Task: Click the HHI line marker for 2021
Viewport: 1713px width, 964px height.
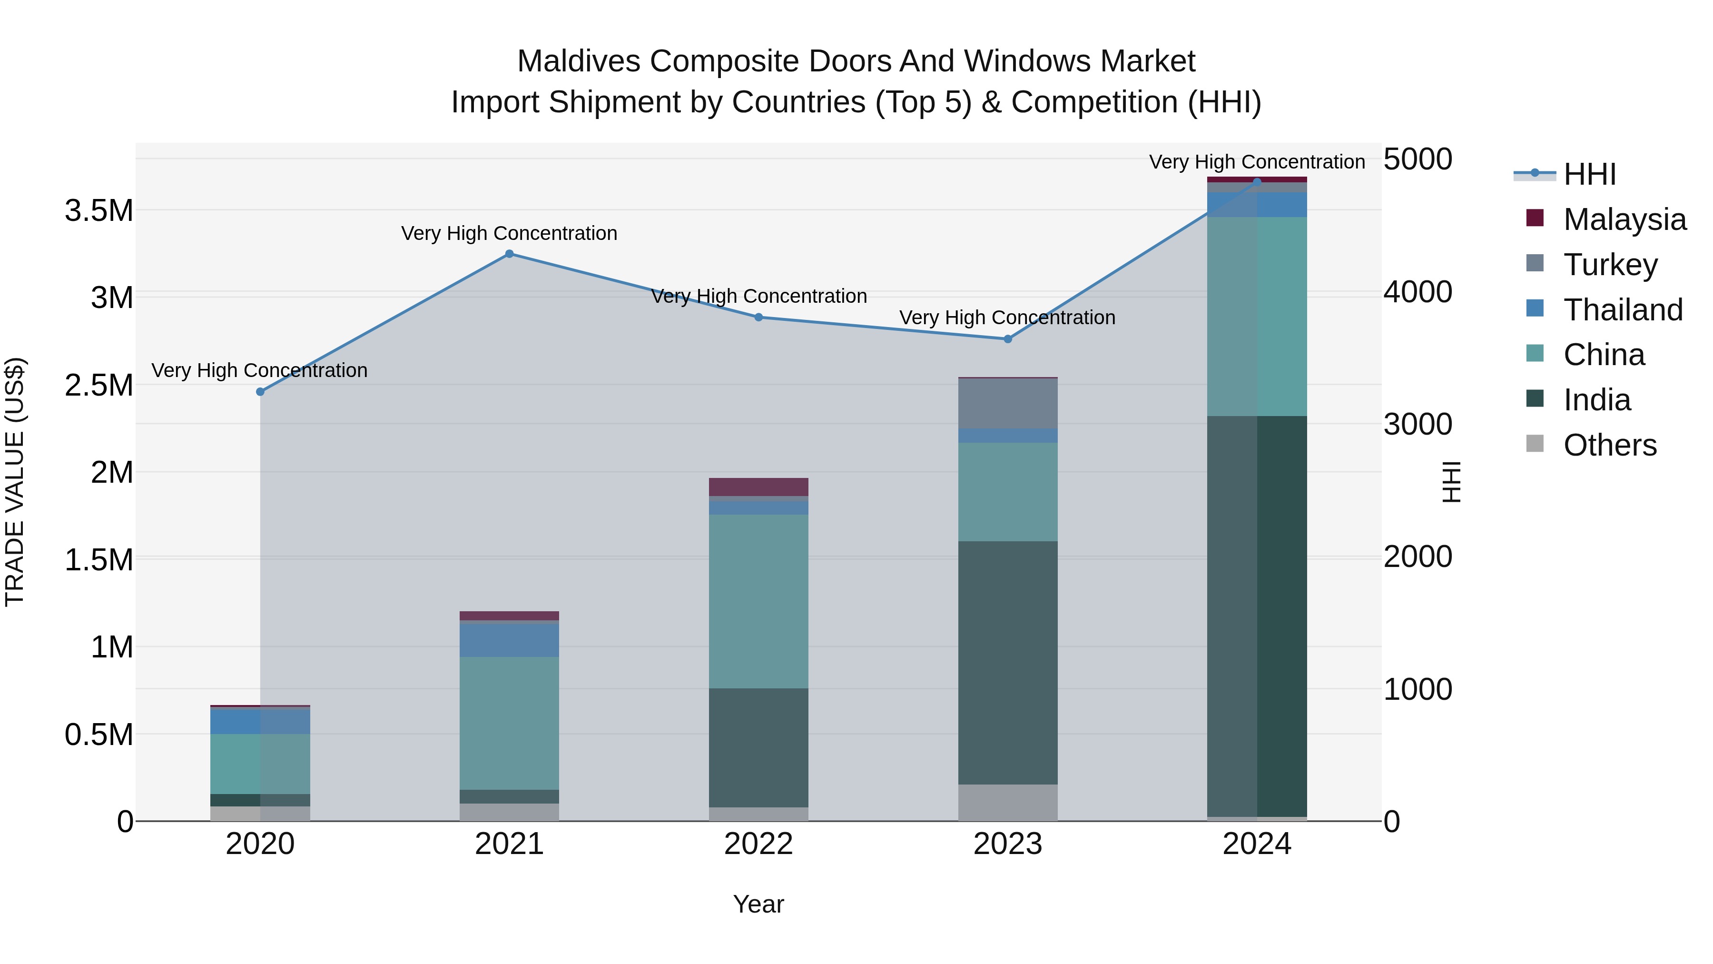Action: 509,253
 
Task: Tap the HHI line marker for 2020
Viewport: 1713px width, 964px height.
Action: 260,392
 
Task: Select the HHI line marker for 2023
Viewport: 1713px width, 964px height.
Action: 1007,338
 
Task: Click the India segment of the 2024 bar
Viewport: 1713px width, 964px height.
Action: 1257,616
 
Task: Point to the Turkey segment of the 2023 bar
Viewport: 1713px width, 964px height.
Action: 1007,403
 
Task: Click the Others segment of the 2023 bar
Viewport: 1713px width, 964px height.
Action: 1007,802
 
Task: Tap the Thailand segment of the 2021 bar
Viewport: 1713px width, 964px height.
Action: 509,639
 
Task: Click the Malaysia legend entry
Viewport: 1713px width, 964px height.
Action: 1624,219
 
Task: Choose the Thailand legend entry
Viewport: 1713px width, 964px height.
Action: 1623,309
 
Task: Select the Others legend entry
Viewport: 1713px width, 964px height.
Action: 1609,445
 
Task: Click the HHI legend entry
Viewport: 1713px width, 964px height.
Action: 1589,174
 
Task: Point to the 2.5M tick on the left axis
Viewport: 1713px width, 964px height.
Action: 99,385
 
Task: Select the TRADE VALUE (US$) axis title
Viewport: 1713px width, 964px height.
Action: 15,482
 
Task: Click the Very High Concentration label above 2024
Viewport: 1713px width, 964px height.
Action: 1257,162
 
